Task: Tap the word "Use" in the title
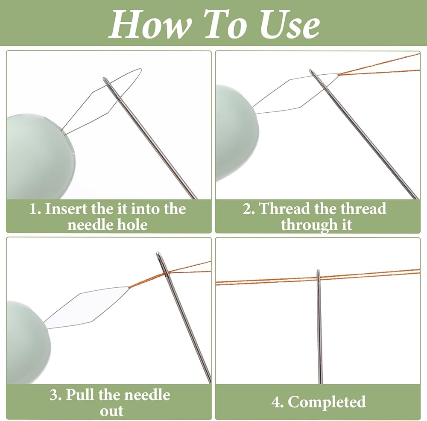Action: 290,24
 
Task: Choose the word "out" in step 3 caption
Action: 111,411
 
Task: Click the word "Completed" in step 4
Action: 327,402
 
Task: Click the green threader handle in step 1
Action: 39,156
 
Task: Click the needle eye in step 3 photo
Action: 161,260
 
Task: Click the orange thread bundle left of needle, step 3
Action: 146,280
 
